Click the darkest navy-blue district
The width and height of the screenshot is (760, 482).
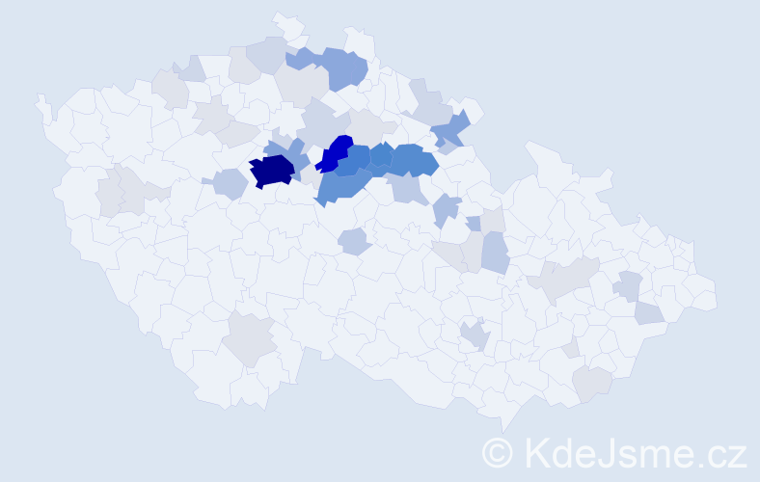click(x=271, y=171)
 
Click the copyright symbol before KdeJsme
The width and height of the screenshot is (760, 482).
click(x=498, y=452)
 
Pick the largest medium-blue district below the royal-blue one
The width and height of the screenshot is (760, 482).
click(x=342, y=183)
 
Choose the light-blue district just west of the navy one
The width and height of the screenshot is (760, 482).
click(x=230, y=182)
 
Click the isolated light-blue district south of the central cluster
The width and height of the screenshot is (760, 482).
click(x=355, y=241)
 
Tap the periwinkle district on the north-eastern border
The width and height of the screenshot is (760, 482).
click(x=450, y=128)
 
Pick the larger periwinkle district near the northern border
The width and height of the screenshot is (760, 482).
click(x=345, y=67)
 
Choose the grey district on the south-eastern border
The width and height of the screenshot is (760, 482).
click(x=591, y=383)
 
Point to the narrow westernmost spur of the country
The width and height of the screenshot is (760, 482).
click(x=41, y=104)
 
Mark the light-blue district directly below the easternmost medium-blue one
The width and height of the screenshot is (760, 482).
click(x=410, y=190)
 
